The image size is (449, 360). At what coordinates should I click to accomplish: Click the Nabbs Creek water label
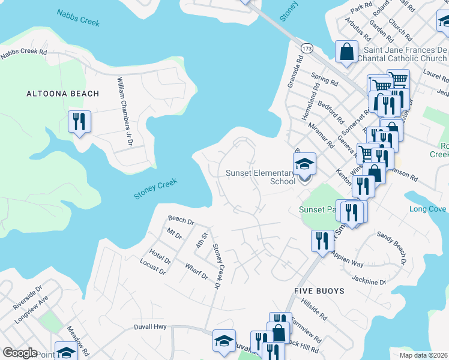(78, 17)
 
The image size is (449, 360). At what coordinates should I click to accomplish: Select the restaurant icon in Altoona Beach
(79, 122)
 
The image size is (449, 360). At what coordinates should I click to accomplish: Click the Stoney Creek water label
(155, 188)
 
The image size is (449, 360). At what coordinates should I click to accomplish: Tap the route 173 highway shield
(307, 47)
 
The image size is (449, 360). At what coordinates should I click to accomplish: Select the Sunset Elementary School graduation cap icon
(304, 163)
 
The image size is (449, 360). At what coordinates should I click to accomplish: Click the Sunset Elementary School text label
(261, 177)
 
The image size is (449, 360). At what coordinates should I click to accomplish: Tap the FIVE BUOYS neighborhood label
(319, 291)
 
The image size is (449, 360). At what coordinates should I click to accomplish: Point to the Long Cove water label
(427, 209)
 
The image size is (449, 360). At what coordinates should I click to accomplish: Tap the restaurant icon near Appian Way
(322, 241)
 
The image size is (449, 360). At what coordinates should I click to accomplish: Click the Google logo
(20, 353)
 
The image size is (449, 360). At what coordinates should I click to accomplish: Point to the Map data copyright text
(423, 355)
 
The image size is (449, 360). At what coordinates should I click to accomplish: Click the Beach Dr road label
(181, 220)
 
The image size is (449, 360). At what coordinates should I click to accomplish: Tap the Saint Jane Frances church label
(402, 55)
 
